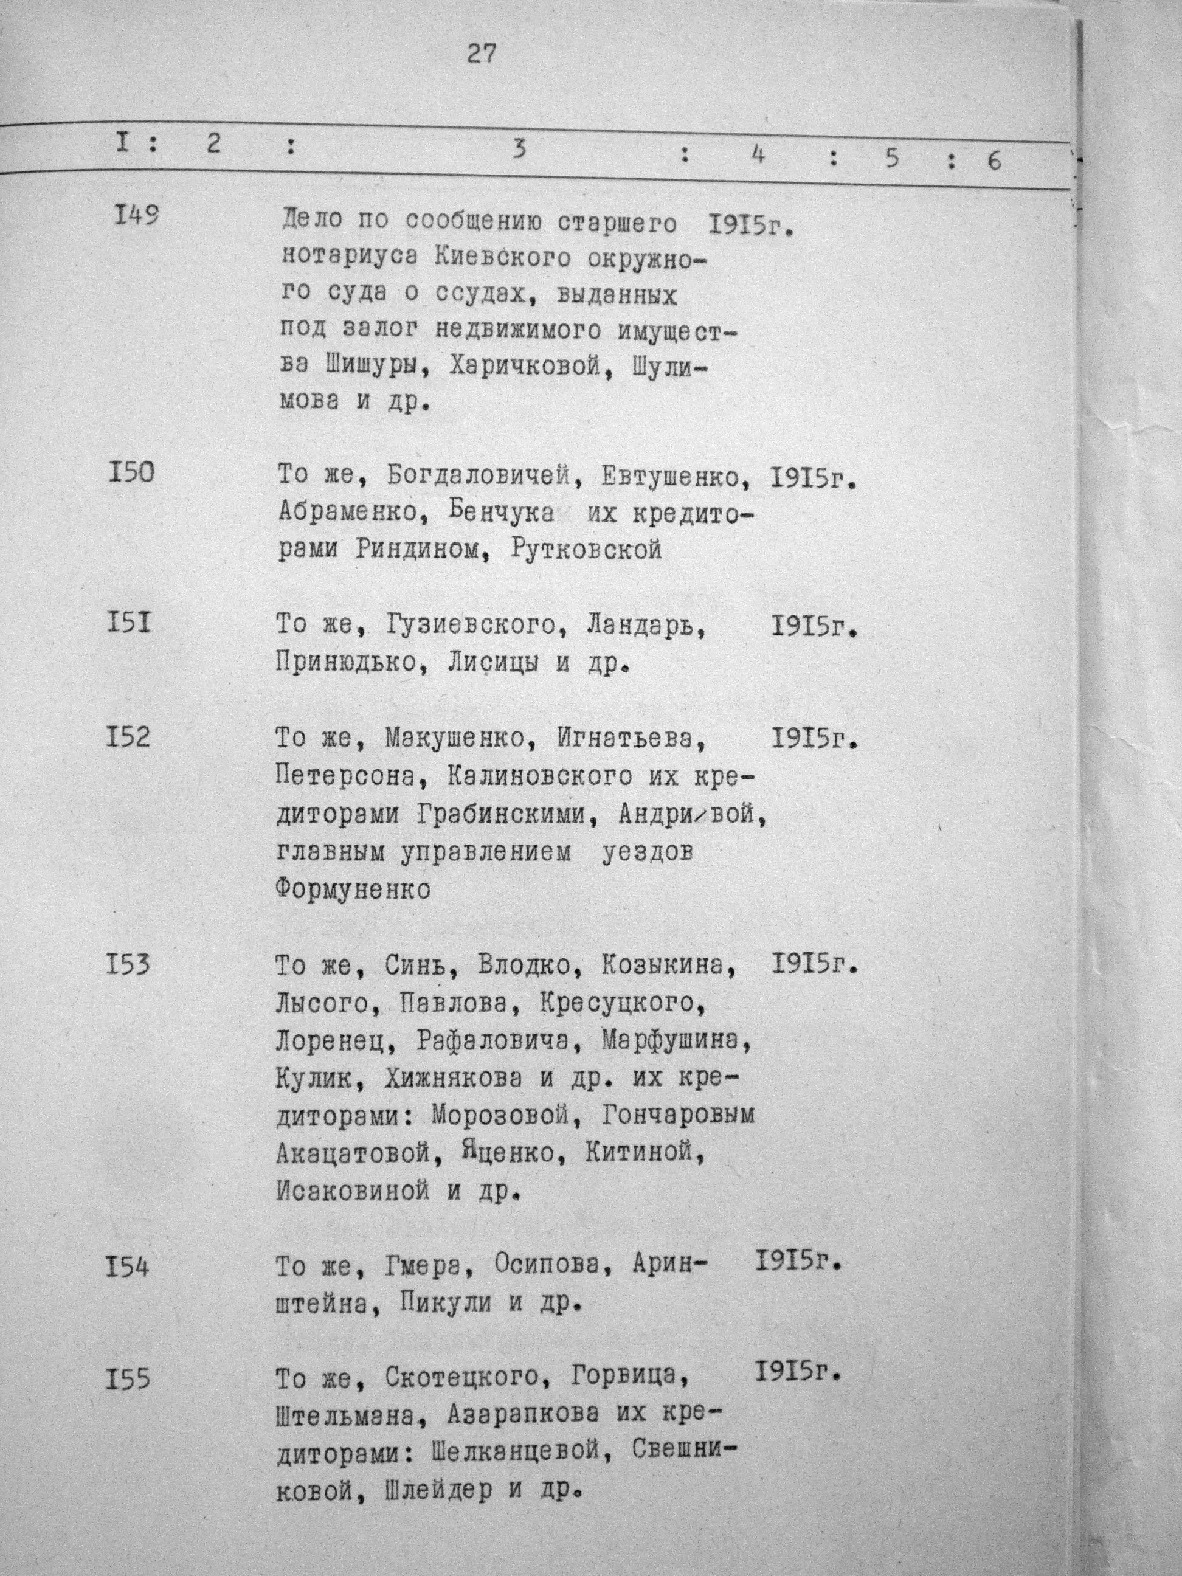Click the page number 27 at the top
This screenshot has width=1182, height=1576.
tap(481, 55)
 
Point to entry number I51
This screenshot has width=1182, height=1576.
tap(128, 624)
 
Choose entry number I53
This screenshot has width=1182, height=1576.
tap(128, 965)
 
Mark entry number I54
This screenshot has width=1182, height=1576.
tap(128, 1267)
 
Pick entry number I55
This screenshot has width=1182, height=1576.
tap(128, 1380)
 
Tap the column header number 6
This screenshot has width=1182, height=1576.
tap(994, 161)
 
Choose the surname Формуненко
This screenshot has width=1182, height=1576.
tap(353, 890)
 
